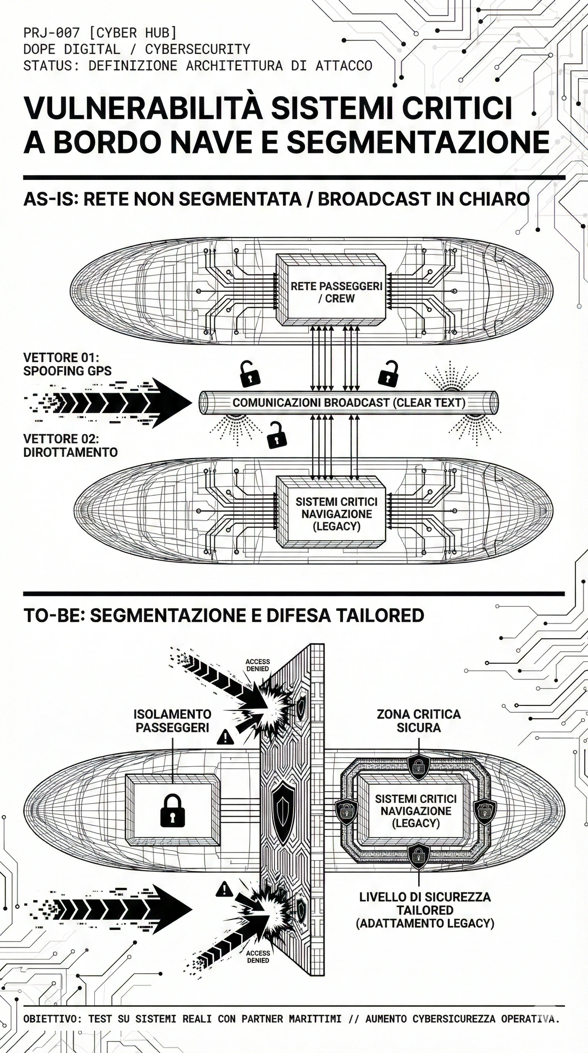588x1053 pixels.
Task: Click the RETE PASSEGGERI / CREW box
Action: coord(336,292)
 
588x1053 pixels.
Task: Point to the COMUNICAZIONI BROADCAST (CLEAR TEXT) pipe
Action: coord(349,403)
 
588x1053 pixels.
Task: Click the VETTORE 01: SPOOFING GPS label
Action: coord(67,364)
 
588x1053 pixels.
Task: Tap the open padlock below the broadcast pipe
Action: coord(276,435)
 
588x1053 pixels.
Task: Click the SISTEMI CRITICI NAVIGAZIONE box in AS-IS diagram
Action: coord(336,514)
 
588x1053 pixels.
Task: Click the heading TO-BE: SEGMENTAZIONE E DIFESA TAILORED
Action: coord(224,615)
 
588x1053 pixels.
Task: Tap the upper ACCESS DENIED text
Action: coord(257,665)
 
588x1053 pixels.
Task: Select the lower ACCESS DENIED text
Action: coord(258,957)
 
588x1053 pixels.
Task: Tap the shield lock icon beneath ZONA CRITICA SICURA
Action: coord(419,764)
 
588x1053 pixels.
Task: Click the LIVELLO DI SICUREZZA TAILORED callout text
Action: coord(425,910)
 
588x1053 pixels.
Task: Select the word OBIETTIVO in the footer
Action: coord(49,1019)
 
